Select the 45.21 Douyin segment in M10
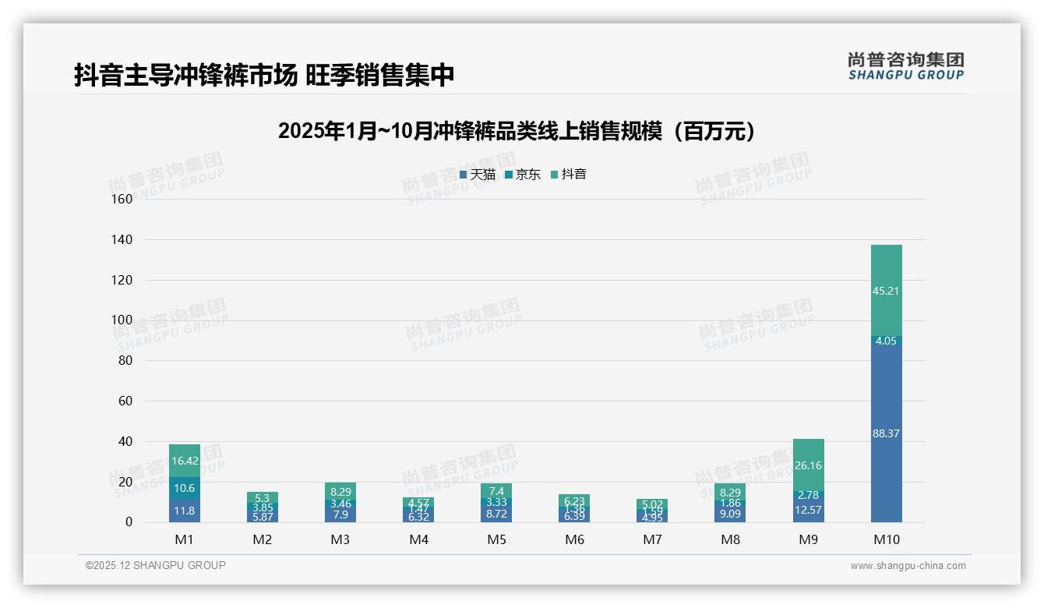pyautogui.click(x=886, y=291)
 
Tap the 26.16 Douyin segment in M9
pyautogui.click(x=808, y=465)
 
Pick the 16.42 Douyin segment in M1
pyautogui.click(x=185, y=461)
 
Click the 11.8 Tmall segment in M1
pyautogui.click(x=185, y=511)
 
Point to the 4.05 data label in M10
pyautogui.click(x=886, y=341)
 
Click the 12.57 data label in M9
pyautogui.click(x=808, y=510)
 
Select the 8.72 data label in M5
pyautogui.click(x=496, y=514)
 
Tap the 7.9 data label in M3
pyautogui.click(x=340, y=514)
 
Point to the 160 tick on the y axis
pyautogui.click(x=122, y=199)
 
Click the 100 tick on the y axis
pyautogui.click(x=122, y=320)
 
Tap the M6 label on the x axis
pyautogui.click(x=574, y=539)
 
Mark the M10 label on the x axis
pyautogui.click(x=886, y=539)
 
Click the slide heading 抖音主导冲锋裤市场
pyautogui.click(x=264, y=76)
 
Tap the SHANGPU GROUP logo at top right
pyautogui.click(x=905, y=66)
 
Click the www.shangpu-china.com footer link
pyautogui.click(x=908, y=566)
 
